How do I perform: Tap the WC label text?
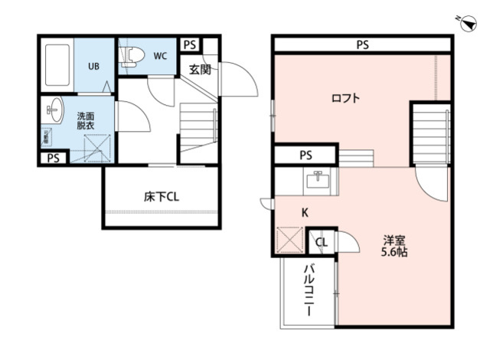(x=160, y=56)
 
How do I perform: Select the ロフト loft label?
(x=345, y=98)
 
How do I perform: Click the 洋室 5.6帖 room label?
(x=395, y=244)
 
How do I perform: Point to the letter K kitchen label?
(x=305, y=212)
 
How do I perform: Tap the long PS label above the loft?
(x=362, y=45)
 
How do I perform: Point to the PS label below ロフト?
(x=305, y=155)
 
